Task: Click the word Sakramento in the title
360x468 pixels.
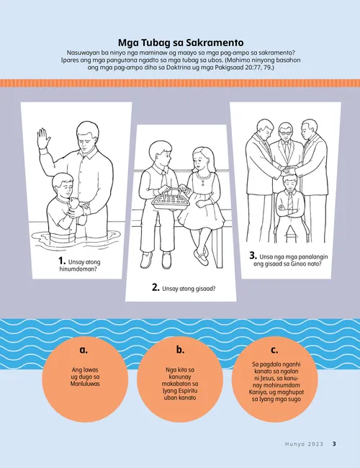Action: click(x=215, y=42)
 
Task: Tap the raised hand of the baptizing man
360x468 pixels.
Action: click(x=42, y=138)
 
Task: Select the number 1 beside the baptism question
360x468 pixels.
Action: click(x=62, y=261)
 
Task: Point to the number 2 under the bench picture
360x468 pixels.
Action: click(x=156, y=287)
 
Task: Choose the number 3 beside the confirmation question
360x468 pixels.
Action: click(x=253, y=256)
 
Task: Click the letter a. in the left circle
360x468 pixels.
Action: click(x=84, y=350)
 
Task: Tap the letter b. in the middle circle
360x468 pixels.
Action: click(x=180, y=349)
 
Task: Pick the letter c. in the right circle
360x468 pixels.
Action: click(x=274, y=350)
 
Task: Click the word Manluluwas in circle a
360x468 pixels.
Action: click(x=85, y=384)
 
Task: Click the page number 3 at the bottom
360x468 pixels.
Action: click(x=334, y=444)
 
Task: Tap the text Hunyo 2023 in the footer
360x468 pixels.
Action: click(x=304, y=444)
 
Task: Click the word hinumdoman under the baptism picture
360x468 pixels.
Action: click(x=78, y=269)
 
